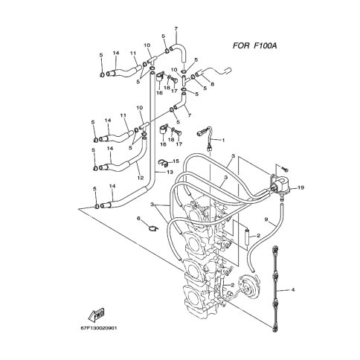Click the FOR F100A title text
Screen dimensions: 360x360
[254, 45]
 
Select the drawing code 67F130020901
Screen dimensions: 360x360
[98, 328]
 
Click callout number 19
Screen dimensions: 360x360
[300, 187]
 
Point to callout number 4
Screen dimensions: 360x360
[293, 289]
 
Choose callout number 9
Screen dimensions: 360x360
[266, 219]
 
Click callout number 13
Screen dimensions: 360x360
[170, 172]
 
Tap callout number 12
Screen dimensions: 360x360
[141, 178]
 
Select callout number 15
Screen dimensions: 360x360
[176, 161]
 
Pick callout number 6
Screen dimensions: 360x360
[138, 218]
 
